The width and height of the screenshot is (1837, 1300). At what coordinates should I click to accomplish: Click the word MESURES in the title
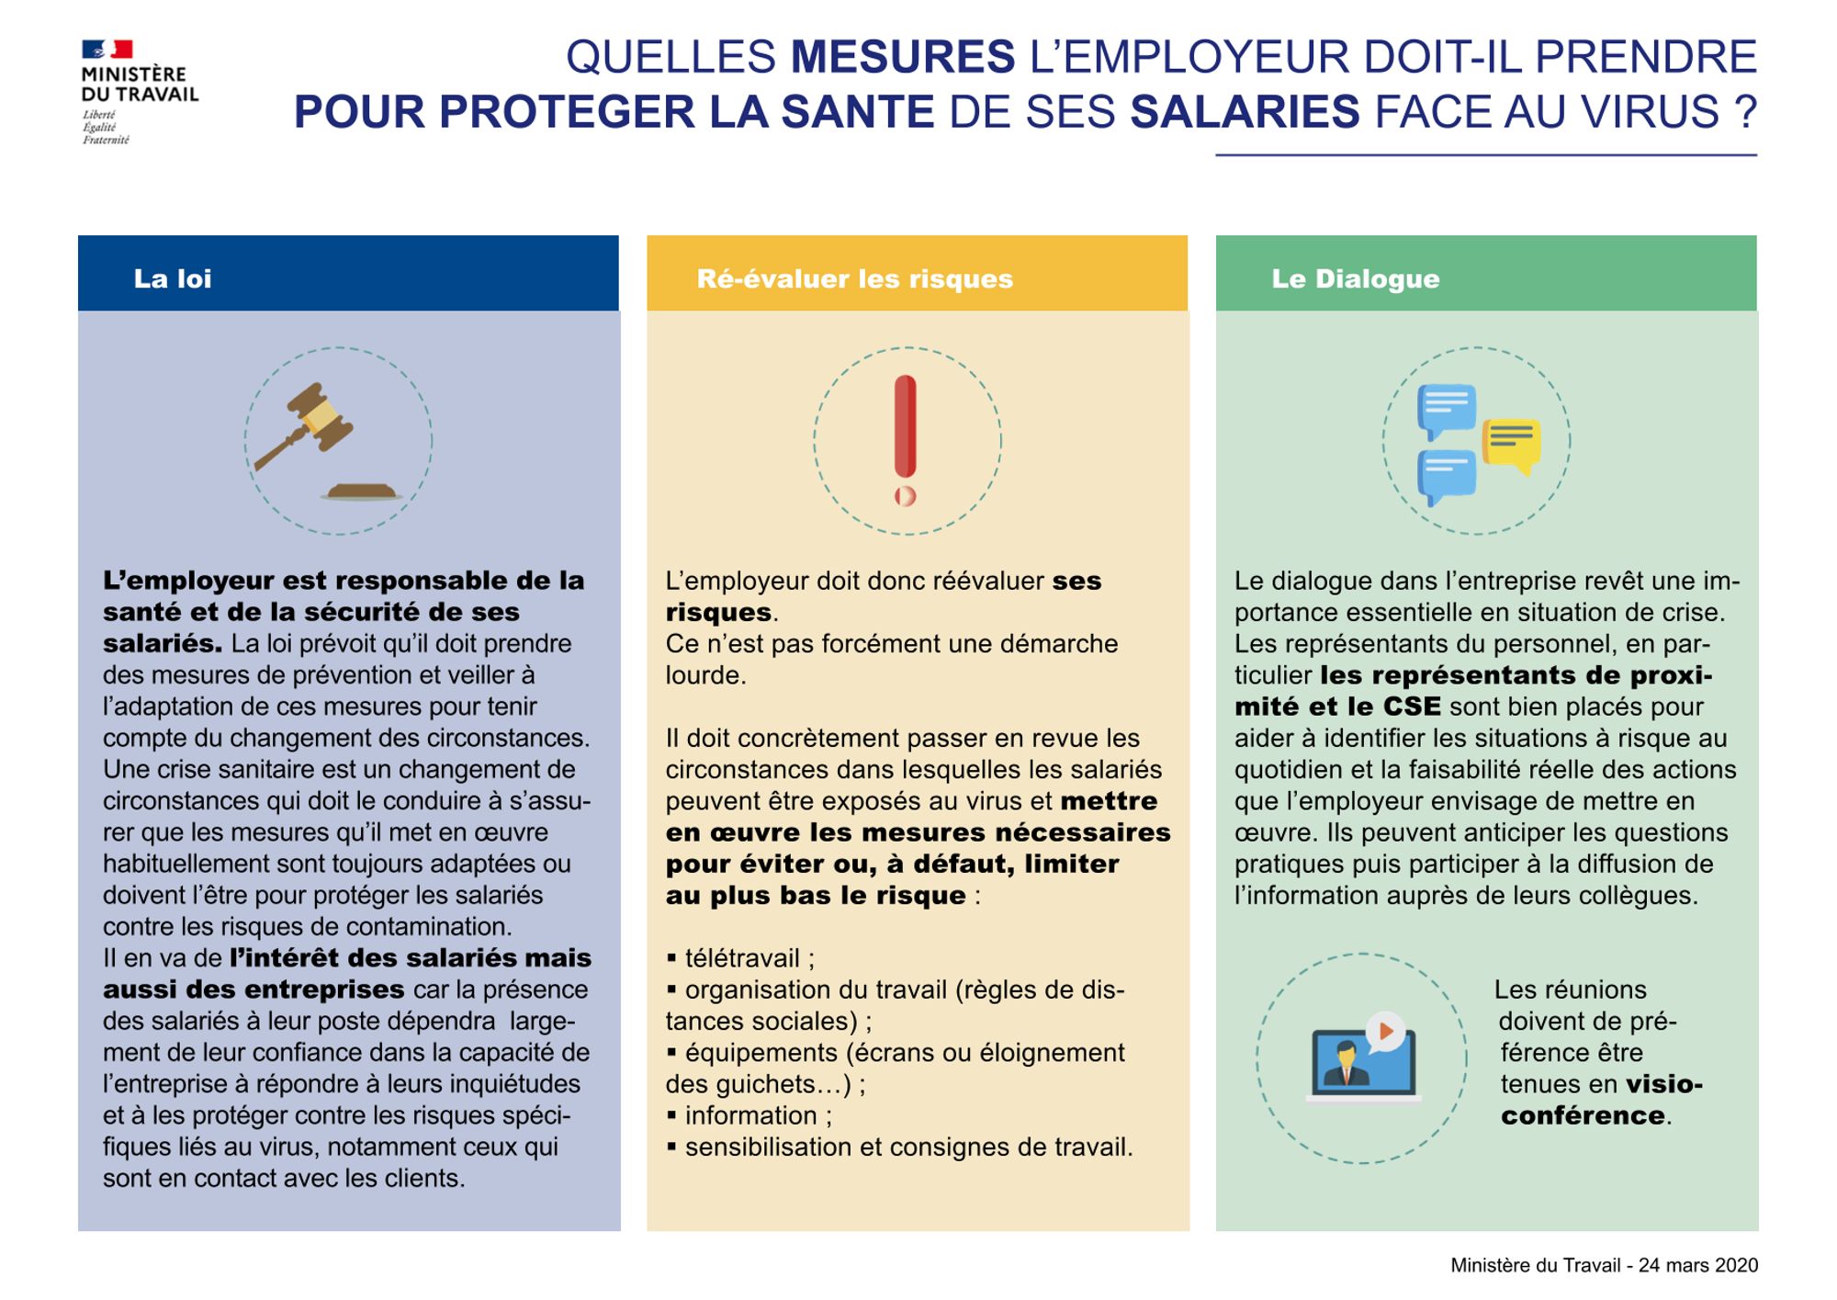pyautogui.click(x=903, y=57)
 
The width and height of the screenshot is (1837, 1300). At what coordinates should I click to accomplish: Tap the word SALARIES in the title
pyautogui.click(x=1244, y=112)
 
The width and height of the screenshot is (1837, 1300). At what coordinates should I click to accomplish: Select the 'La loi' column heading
pyautogui.click(x=173, y=278)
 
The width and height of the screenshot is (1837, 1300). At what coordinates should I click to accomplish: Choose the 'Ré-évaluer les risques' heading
pyautogui.click(x=854, y=278)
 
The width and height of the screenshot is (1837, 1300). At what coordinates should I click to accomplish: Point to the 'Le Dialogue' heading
pyautogui.click(x=1355, y=278)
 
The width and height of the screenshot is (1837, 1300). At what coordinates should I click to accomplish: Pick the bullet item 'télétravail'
pyautogui.click(x=742, y=958)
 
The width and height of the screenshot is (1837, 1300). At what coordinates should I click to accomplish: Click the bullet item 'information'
pyautogui.click(x=750, y=1115)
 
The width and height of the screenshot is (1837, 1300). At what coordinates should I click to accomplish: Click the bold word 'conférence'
pyautogui.click(x=1583, y=1115)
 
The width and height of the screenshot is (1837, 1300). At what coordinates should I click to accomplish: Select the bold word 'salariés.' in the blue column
pyautogui.click(x=162, y=643)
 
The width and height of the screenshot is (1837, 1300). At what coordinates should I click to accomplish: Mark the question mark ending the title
pyautogui.click(x=1745, y=112)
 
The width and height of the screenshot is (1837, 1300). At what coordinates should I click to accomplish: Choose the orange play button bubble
pyautogui.click(x=1386, y=1032)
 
